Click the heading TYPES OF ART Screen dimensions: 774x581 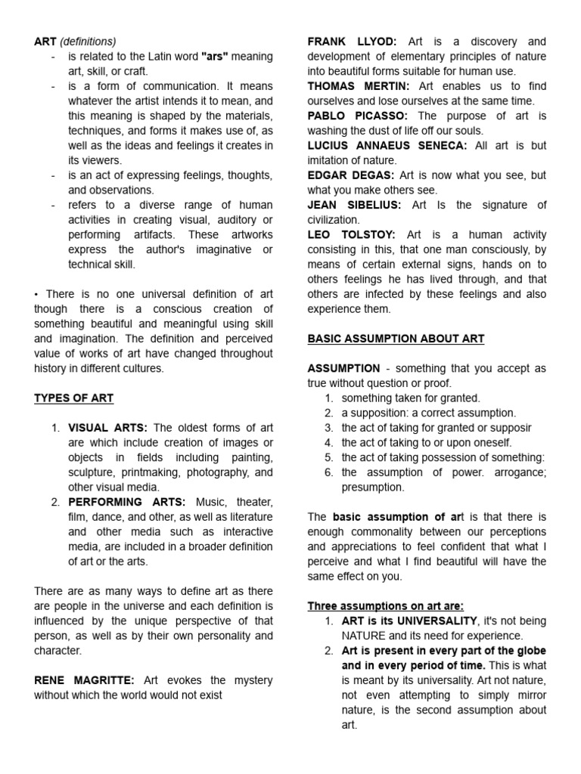pyautogui.click(x=73, y=398)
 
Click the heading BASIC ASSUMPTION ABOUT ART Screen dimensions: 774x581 pyautogui.click(x=396, y=339)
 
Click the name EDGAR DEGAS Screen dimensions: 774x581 pyautogui.click(x=351, y=175)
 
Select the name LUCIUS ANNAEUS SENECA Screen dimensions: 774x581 pyautogui.click(x=387, y=145)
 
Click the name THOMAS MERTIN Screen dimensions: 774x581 pyautogui.click(x=359, y=86)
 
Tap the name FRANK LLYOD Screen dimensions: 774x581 pyautogui.click(x=352, y=42)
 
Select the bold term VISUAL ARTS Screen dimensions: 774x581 pyautogui.click(x=107, y=428)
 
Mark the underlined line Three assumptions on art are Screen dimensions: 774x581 pyautogui.click(x=385, y=605)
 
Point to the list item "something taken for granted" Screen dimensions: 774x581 pyautogui.click(x=411, y=398)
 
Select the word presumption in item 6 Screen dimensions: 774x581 pyautogui.click(x=373, y=487)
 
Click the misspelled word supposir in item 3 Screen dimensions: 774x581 pyautogui.click(x=511, y=427)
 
